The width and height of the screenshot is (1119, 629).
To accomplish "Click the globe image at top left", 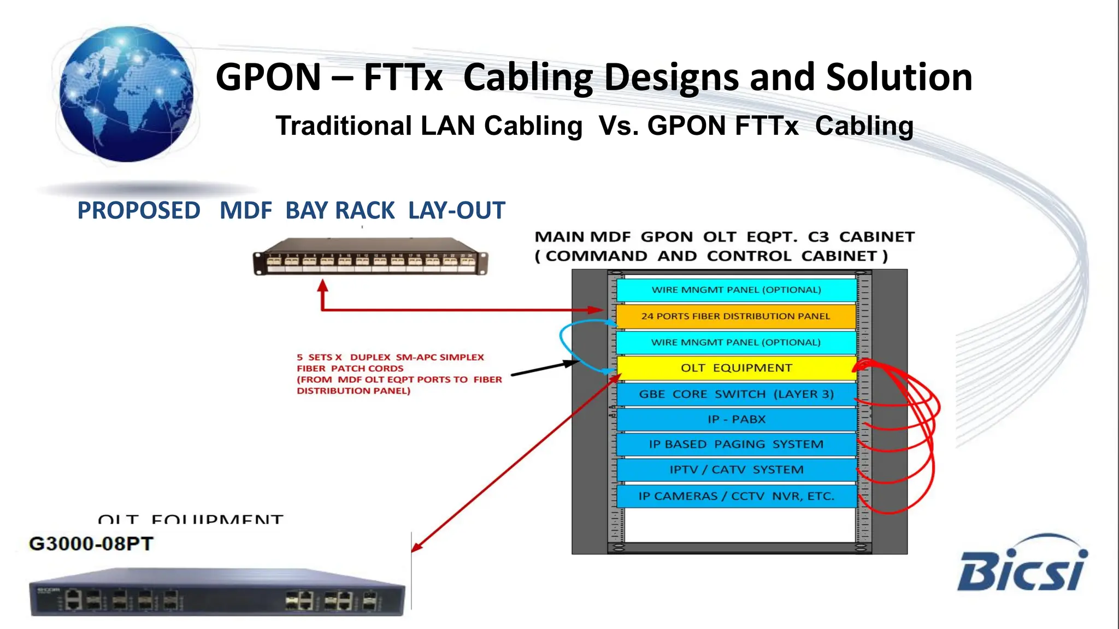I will (126, 94).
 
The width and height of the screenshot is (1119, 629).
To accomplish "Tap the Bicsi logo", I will (1022, 565).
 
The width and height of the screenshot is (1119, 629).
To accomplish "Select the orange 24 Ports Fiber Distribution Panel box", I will (735, 316).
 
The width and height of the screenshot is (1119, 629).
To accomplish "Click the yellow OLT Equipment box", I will (735, 368).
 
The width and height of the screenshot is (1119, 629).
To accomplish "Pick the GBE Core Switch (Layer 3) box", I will (735, 394).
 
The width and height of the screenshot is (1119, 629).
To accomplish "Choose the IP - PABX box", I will (735, 419).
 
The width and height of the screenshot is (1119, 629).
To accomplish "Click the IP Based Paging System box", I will (735, 444).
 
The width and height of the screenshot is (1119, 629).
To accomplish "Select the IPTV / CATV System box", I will (735, 470).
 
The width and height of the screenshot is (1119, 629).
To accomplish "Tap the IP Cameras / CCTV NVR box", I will (735, 496).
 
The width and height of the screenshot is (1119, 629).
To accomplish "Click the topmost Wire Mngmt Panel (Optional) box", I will (735, 290).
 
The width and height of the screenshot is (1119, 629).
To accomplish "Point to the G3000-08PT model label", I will (91, 544).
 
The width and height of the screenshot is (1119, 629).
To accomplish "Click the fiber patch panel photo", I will (370, 257).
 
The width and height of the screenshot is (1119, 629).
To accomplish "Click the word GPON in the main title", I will (268, 77).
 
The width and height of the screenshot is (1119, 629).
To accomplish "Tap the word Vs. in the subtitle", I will (618, 126).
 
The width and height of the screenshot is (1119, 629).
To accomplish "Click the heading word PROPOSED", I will (139, 211).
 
